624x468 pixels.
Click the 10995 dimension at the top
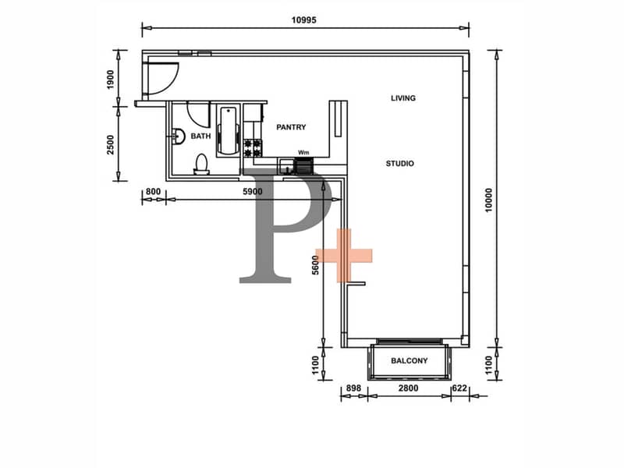click(x=303, y=20)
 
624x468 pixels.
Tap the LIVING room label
click(x=403, y=98)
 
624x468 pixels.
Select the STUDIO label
click(x=400, y=163)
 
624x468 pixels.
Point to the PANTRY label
click(x=291, y=127)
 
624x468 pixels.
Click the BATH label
click(x=200, y=136)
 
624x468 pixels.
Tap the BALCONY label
click(x=409, y=360)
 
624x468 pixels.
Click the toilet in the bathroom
click(x=201, y=165)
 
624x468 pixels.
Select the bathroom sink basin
click(x=179, y=136)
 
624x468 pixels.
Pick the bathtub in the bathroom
click(x=229, y=130)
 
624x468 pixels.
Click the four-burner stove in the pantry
click(x=252, y=147)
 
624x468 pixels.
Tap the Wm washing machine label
click(x=303, y=152)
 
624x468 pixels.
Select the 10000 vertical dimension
click(x=489, y=200)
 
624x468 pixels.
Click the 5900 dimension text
click(x=253, y=191)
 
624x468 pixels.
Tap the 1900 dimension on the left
click(x=111, y=80)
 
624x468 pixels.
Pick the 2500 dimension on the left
click(x=110, y=144)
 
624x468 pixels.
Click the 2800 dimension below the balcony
click(x=408, y=388)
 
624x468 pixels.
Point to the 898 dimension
click(x=353, y=388)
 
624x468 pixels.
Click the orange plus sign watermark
click(x=344, y=256)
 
